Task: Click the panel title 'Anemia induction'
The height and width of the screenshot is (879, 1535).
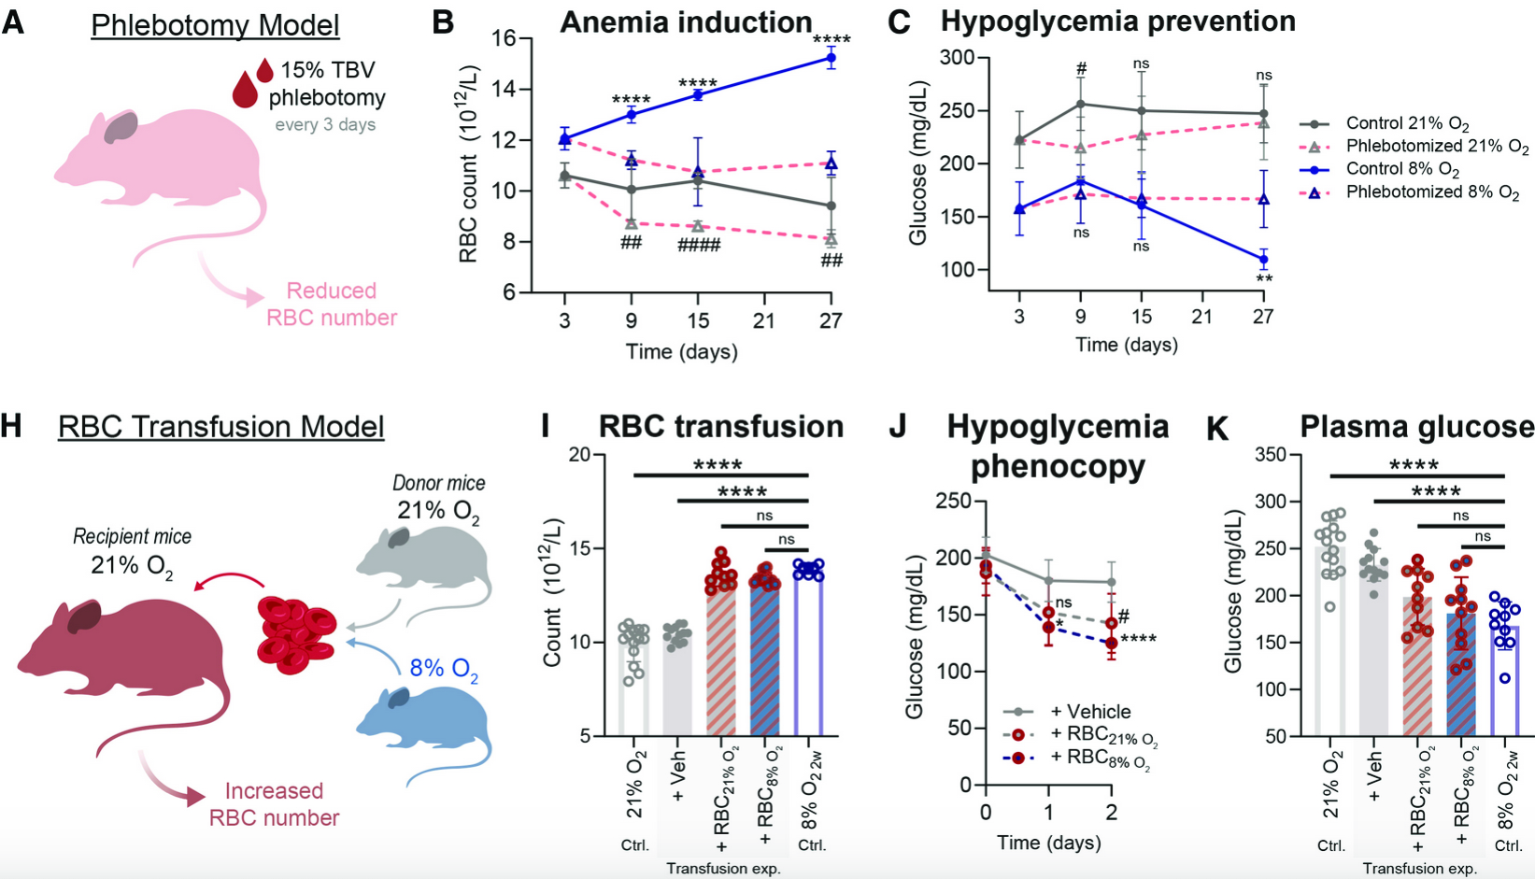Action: [686, 22]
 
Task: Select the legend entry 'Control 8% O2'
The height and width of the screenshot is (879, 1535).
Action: [1402, 170]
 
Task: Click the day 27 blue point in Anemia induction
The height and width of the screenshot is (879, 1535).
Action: [831, 58]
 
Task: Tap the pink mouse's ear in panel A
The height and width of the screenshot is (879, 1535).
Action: [121, 128]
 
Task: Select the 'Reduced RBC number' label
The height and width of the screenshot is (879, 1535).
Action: [331, 305]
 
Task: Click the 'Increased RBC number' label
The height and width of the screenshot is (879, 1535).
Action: [274, 804]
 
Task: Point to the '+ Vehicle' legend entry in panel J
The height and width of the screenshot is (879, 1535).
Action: [1089, 712]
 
